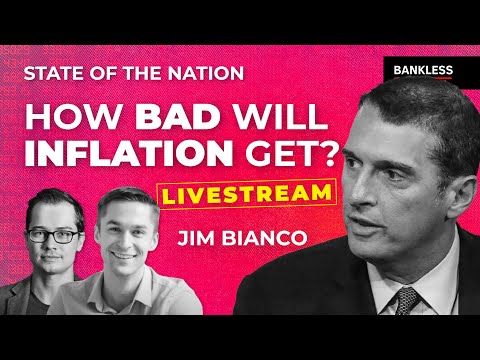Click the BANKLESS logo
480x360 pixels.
pyautogui.click(x=418, y=70)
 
